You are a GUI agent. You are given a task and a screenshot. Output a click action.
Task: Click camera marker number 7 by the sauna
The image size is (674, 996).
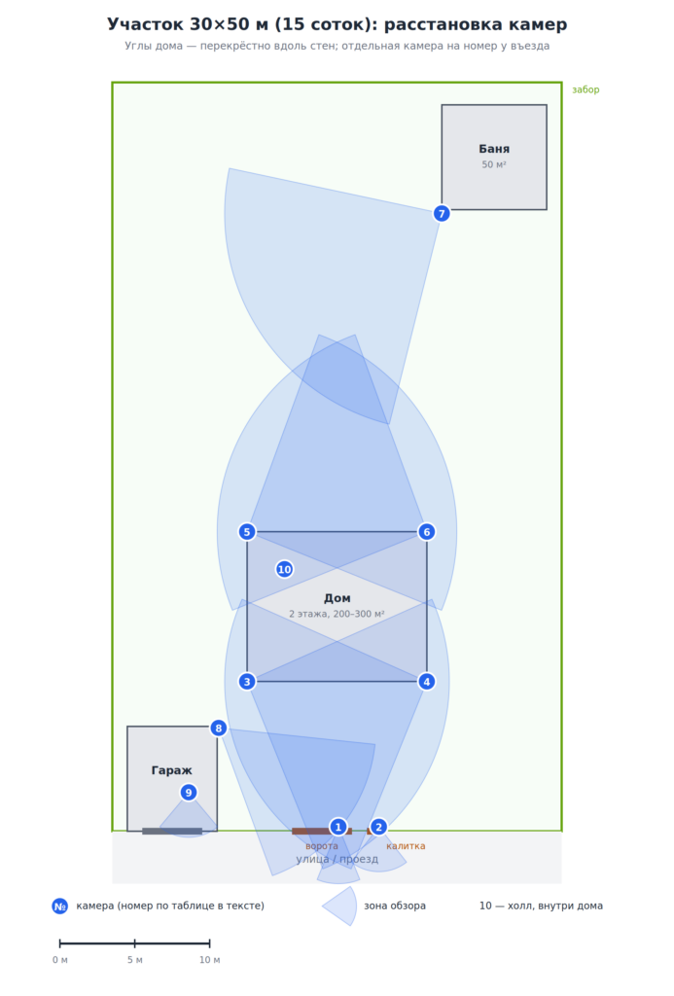442,213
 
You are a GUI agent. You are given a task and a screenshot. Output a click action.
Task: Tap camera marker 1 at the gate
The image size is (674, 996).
337,827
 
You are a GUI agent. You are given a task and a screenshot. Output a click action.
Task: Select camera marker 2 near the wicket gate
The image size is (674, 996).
378,827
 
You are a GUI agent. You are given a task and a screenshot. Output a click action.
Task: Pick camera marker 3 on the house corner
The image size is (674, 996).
247,682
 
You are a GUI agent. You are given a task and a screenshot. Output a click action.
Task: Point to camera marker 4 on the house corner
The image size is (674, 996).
427,682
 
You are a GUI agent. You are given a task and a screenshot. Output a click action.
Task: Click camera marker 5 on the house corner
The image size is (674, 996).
247,532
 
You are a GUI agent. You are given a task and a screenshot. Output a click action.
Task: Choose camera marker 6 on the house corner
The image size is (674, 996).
427,532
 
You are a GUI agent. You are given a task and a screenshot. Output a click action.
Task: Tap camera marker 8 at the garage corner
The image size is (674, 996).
219,728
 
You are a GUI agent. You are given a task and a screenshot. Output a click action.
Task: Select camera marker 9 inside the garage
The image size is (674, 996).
188,793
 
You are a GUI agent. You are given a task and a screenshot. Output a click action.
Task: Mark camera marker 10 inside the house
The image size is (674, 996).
285,569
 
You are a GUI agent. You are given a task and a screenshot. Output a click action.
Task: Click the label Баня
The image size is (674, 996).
494,149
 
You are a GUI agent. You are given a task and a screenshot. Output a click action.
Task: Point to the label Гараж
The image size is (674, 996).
171,770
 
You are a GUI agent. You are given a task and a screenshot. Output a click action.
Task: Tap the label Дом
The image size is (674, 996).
337,598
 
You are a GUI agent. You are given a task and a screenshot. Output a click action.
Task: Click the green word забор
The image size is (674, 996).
585,89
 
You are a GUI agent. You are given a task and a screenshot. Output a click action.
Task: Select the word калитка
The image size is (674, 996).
406,846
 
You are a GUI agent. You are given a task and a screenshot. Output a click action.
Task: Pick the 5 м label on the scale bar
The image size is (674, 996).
134,960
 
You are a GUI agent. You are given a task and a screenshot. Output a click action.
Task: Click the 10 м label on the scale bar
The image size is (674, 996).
210,960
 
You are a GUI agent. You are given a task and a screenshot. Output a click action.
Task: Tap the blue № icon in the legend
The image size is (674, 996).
59,907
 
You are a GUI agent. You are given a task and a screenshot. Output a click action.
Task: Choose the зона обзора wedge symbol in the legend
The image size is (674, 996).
341,907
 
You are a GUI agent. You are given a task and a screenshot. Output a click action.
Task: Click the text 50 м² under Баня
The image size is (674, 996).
494,164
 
